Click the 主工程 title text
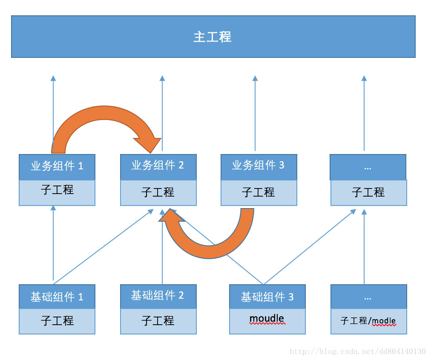point(213,37)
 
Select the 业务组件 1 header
point(57,166)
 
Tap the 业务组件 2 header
point(158,166)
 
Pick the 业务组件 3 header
point(258,166)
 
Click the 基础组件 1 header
point(57,297)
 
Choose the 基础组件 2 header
point(158,296)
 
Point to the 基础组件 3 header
point(267,297)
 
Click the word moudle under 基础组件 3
point(267,319)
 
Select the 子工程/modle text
point(368,321)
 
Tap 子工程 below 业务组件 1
point(57,190)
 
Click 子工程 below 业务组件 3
point(258,192)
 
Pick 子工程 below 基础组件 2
point(158,320)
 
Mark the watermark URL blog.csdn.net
point(358,351)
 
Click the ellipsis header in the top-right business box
point(368,167)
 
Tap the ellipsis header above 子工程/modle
point(368,297)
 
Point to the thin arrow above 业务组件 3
point(255,113)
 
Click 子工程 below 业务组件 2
point(158,192)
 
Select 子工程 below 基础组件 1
point(57,320)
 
